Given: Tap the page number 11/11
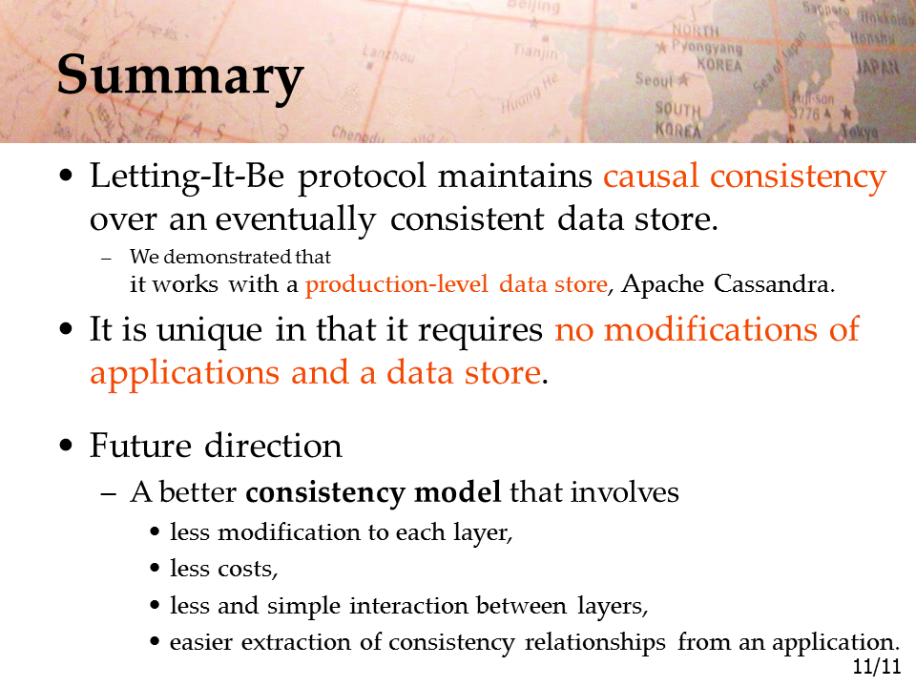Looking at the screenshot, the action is tap(876, 667).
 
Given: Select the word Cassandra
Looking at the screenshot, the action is tap(774, 284).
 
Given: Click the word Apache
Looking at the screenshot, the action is tap(662, 284).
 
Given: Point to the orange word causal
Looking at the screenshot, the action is tap(651, 176).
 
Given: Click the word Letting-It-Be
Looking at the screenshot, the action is tap(187, 177).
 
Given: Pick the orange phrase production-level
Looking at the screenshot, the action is tap(396, 284).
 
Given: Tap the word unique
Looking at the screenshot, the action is tap(209, 331).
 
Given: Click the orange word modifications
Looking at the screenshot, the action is tap(710, 329).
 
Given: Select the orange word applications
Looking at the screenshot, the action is tap(184, 374).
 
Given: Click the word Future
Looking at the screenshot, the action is tap(140, 446).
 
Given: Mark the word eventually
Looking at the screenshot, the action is tap(296, 220).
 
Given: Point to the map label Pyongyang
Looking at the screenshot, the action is tap(707, 46).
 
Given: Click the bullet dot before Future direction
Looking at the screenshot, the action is tap(66, 446).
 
